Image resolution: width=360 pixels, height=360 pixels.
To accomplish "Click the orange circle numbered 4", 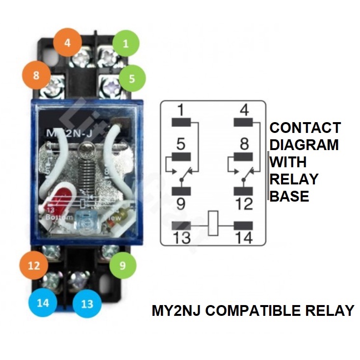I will (67, 42).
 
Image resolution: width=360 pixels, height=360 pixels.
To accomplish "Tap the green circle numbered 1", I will (126, 44).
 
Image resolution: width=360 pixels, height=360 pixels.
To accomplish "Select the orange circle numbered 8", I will (35, 76).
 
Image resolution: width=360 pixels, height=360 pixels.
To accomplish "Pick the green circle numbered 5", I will (126, 77).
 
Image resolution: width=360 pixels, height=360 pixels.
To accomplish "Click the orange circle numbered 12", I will (33, 266).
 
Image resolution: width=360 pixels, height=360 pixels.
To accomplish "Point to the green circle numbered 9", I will (123, 266).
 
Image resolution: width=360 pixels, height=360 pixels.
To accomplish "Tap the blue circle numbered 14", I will (43, 303).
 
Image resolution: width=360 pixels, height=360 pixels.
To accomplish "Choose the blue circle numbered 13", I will (87, 304).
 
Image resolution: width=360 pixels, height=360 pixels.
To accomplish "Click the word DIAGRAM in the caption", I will (304, 145).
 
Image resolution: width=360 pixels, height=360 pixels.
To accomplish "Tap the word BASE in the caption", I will (289, 196).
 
